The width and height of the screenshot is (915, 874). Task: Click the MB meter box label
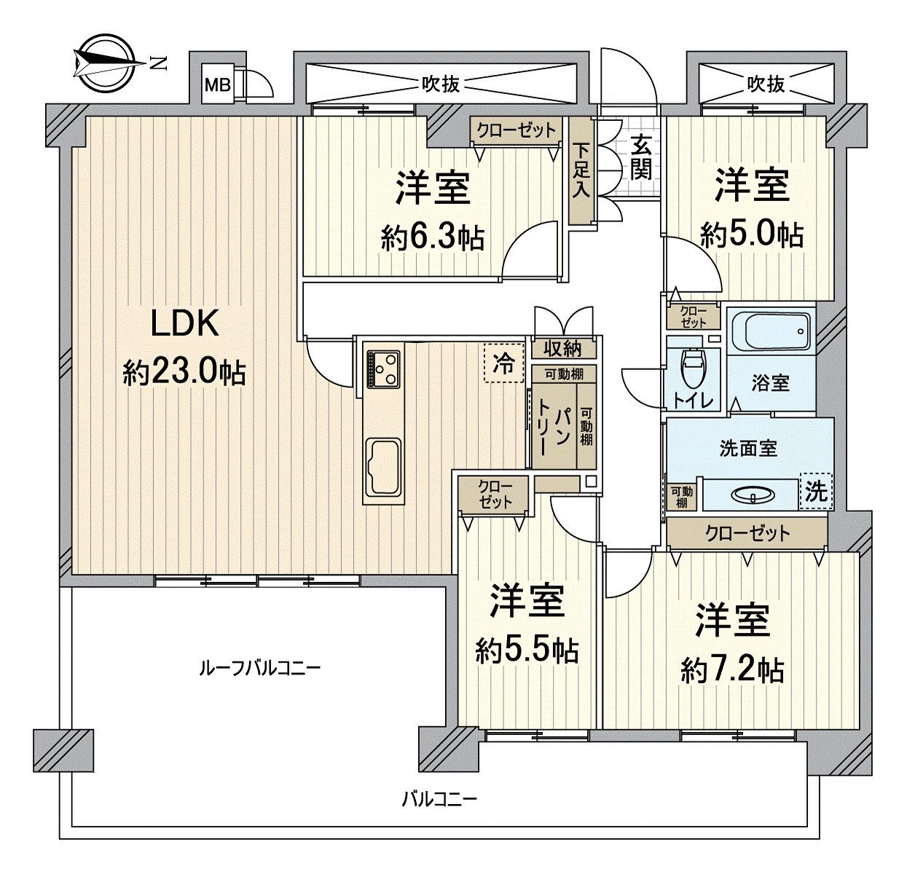[x=218, y=85]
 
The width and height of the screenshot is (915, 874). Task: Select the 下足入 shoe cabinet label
[x=581, y=170]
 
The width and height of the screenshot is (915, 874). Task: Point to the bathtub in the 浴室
[x=771, y=331]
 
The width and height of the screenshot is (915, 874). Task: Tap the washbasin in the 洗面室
[x=753, y=494]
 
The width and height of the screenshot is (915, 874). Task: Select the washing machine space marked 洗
[x=816, y=491]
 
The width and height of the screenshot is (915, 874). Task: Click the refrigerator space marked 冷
[x=503, y=363]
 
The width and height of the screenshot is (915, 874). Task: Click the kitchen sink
[x=384, y=466]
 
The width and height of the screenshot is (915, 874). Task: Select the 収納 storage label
[x=563, y=348]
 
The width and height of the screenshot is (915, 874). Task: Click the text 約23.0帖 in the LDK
[x=184, y=372]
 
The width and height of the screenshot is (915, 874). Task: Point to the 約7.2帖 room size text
[x=731, y=670]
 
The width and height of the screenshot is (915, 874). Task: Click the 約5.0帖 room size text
[x=751, y=235]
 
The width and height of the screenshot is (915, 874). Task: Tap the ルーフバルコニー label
[x=259, y=668]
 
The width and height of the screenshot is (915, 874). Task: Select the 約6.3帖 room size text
[x=433, y=238]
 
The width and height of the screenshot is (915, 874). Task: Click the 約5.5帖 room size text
[x=527, y=650]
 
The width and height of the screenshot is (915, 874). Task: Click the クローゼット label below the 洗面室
[x=747, y=533]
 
